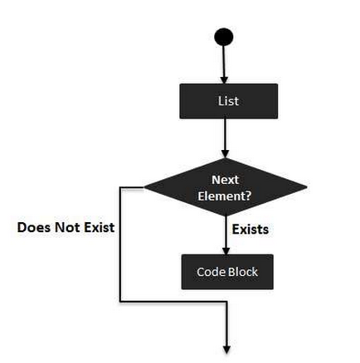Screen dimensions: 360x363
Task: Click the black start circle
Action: click(x=224, y=36)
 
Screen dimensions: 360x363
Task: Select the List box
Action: click(x=229, y=101)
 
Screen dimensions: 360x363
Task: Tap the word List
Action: click(x=228, y=101)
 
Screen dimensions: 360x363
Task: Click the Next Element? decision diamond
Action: click(x=226, y=187)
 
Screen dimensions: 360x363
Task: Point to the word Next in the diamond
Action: click(x=225, y=180)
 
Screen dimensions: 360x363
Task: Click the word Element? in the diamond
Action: click(x=224, y=196)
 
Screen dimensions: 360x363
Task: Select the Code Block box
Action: click(x=227, y=272)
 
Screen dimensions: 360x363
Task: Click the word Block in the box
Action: click(x=243, y=272)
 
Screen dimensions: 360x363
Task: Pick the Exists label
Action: click(x=251, y=230)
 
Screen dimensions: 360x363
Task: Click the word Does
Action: click(x=35, y=228)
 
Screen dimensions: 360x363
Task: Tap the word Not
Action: click(x=68, y=228)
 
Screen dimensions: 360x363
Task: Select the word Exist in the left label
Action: click(x=100, y=228)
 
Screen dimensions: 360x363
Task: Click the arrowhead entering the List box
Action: click(x=224, y=80)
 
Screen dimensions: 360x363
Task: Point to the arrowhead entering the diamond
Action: click(x=226, y=154)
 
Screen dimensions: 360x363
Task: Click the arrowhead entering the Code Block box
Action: click(x=226, y=251)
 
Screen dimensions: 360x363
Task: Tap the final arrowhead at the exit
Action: click(x=226, y=350)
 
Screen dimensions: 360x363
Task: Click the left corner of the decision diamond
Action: click(x=144, y=188)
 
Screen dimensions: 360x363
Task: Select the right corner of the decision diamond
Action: click(x=307, y=186)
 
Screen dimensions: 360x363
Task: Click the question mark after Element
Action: click(x=248, y=196)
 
